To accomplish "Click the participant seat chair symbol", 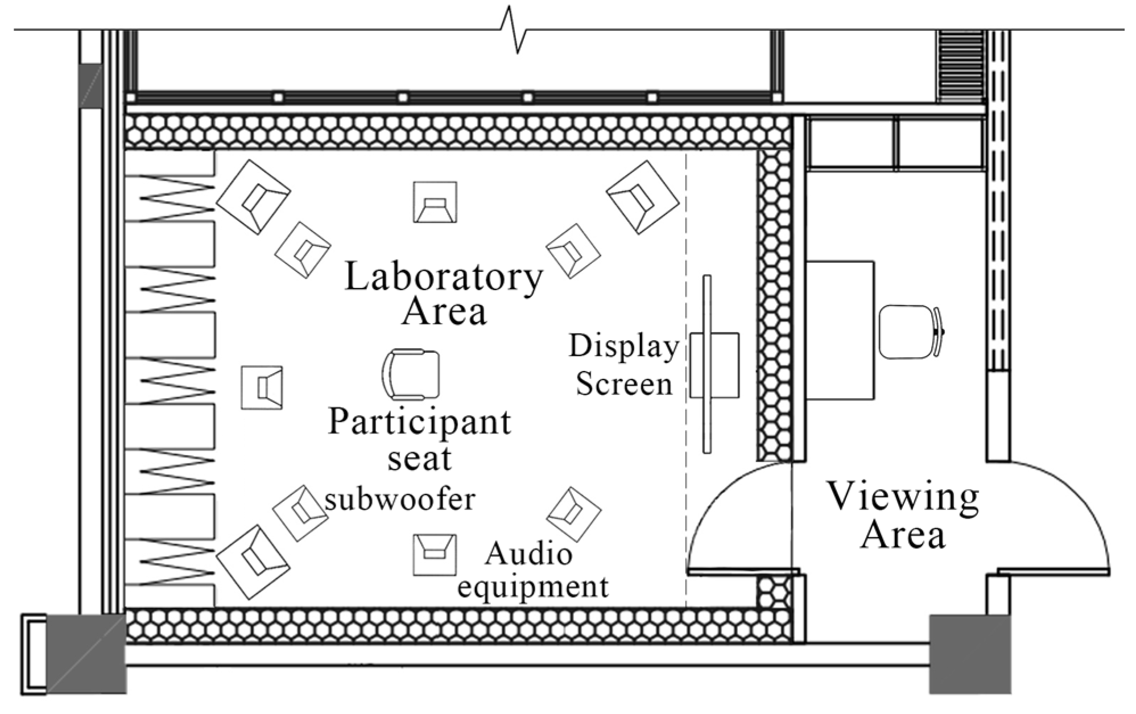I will [411, 374].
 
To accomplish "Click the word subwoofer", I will [400, 500].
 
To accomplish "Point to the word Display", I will [624, 346].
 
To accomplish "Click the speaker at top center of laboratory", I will [435, 202].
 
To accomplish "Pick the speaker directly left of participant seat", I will [262, 387].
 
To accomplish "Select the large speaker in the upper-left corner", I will [253, 197].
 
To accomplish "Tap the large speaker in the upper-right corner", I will [643, 197].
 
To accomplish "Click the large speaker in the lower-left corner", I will [253, 562].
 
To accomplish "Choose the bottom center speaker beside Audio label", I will [435, 554].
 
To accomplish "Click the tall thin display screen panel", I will [707, 364].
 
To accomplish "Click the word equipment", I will [532, 587].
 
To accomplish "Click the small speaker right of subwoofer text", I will [573, 514].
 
